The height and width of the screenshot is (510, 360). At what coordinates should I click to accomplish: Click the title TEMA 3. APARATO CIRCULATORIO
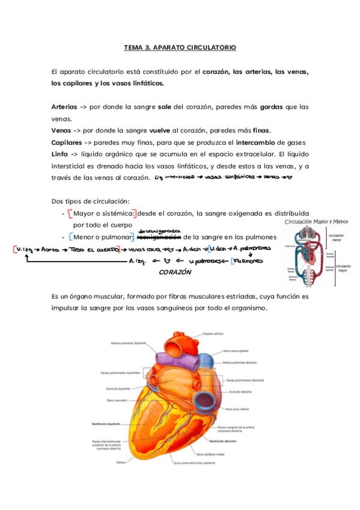180,46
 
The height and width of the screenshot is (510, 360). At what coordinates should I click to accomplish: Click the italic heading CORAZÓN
175,272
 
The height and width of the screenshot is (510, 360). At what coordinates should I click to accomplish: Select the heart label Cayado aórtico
213,333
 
